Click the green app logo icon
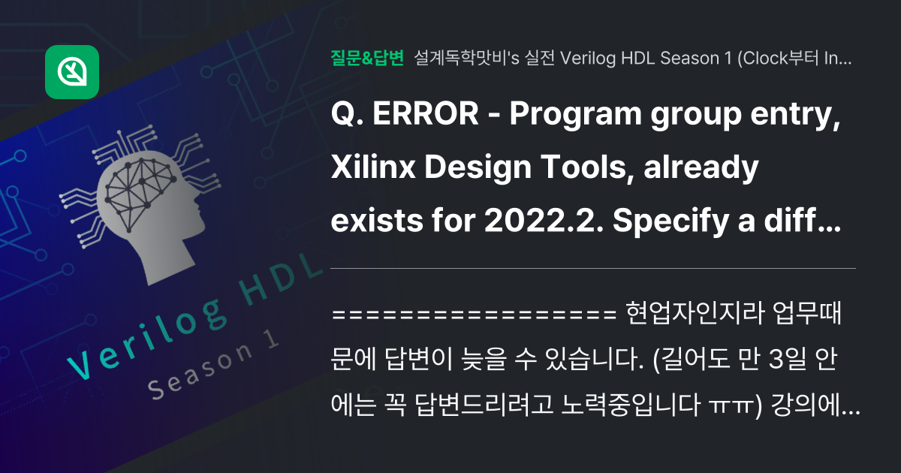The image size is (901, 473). [72, 72]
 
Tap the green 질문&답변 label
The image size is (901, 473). [367, 58]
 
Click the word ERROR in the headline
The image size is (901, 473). [425, 114]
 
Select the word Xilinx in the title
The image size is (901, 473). [373, 167]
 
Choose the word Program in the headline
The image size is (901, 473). [575, 116]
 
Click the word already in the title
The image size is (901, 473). [701, 169]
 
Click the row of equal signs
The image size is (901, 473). [475, 314]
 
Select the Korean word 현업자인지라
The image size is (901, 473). [695, 312]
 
